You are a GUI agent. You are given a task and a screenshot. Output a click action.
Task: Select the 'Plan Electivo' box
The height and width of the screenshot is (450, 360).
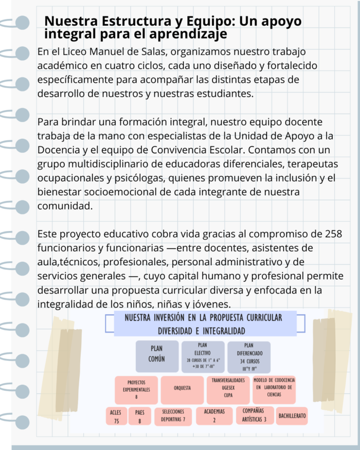point(203,356)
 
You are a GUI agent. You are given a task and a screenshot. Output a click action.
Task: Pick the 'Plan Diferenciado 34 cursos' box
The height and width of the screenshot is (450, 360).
point(249,356)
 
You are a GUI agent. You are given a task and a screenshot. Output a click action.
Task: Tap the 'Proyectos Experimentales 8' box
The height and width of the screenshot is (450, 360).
point(136,390)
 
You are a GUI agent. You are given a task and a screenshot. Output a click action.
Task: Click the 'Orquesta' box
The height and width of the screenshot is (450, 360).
point(182,389)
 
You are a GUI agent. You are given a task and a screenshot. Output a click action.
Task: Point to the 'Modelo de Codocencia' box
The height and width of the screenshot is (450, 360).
point(274,390)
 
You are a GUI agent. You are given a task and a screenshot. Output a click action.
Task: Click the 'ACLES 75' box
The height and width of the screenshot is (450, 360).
point(116,417)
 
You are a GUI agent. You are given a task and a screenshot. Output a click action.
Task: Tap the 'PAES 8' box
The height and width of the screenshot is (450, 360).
point(139,417)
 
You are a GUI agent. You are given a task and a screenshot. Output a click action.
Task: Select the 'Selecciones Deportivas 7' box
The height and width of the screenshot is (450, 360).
point(173,417)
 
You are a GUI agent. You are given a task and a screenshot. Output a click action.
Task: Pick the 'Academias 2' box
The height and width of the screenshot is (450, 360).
point(214,416)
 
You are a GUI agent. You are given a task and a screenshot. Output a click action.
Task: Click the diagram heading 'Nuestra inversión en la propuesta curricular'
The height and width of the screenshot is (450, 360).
point(203,318)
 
